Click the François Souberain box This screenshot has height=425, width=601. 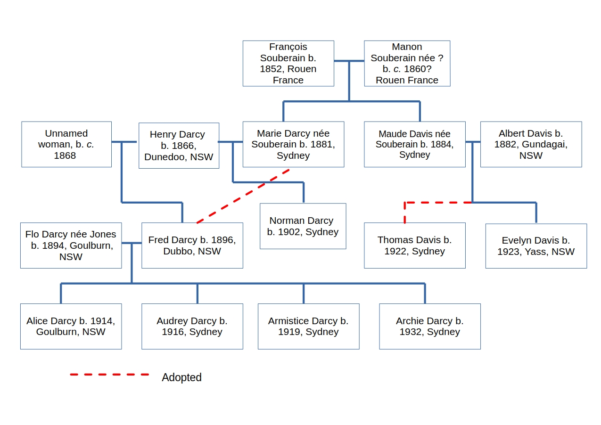pos(288,63)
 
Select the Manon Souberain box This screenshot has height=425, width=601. pos(407,63)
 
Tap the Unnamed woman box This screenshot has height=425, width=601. pos(66,144)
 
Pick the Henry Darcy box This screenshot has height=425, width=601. pos(179,146)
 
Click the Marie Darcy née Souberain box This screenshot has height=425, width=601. pos(293,144)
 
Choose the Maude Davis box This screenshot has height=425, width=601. pos(414,144)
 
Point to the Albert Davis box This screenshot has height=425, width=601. pos(531,144)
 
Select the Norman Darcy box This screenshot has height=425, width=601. pos(303,226)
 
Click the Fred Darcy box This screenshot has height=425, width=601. pos(192,245)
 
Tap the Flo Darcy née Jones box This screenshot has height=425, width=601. pos(71,245)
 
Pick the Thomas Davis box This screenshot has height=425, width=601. pos(414,245)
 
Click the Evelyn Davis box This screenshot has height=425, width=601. pos(536,246)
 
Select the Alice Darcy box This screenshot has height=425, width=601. pos(71,326)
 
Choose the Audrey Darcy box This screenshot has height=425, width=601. pos(192,326)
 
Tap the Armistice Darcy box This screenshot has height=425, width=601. pos(308,326)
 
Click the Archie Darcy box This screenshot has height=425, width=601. pos(429,326)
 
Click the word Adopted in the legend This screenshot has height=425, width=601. pos(181,377)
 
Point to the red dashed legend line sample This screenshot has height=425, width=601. pos(109,375)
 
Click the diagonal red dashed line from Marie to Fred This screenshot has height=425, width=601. pos(243,196)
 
